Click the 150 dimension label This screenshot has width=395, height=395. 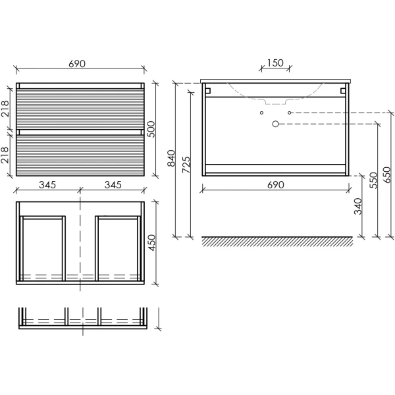click(275, 63)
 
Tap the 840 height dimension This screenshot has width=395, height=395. click(171, 158)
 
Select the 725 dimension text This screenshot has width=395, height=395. click(186, 165)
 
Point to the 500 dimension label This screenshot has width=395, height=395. click(151, 129)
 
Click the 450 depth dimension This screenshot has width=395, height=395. click(152, 242)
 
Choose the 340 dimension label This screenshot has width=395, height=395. click(358, 206)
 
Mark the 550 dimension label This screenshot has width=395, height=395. click(373, 180)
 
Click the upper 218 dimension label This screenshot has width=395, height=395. click(5, 109)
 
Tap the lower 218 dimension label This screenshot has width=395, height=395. click(5, 155)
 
